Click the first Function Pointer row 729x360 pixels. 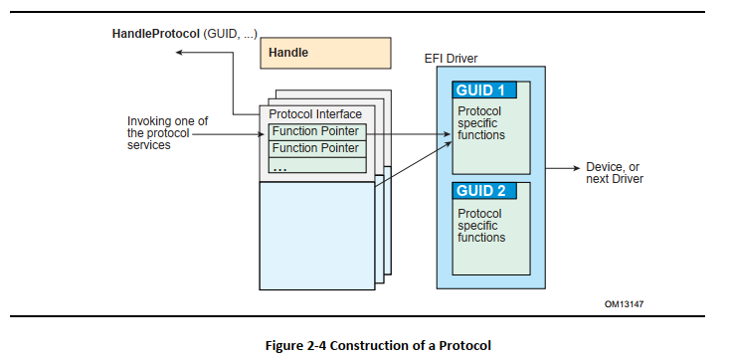pos(317,131)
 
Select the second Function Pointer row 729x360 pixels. pos(317,148)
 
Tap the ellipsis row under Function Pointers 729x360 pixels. pos(317,165)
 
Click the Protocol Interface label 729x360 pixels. pos(316,114)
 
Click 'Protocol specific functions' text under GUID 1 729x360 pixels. pos(480,123)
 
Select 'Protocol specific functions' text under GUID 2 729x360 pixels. pos(480,225)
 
